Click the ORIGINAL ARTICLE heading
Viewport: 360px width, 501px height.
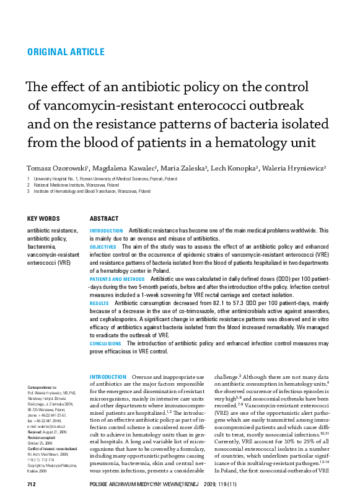coord(66,52)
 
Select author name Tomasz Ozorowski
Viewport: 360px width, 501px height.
coord(56,168)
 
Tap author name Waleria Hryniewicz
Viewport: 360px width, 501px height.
coord(294,168)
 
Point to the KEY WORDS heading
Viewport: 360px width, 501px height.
coord(44,219)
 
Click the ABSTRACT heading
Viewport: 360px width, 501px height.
coord(104,219)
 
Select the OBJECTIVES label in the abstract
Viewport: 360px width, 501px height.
coord(107,246)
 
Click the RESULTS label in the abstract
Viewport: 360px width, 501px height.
coord(100,303)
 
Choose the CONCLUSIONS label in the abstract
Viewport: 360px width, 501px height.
coord(105,343)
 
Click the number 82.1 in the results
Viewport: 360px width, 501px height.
coord(212,303)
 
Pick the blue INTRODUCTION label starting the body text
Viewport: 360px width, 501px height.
coord(108,376)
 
